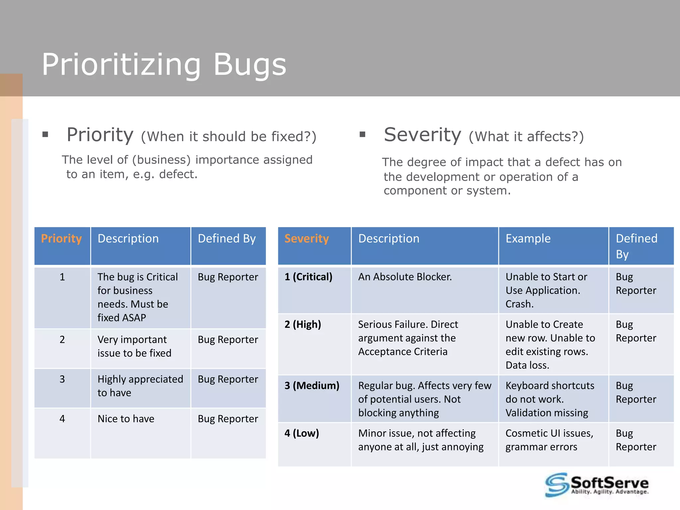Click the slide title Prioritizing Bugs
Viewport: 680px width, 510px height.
point(164,65)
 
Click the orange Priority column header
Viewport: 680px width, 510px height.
point(61,238)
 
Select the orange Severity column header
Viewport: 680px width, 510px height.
point(306,238)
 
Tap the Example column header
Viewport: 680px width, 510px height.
point(528,238)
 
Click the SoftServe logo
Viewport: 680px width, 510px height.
point(597,485)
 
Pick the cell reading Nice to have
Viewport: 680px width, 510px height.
point(126,419)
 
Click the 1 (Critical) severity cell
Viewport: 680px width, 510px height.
point(308,277)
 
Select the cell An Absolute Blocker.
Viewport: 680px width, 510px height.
point(405,277)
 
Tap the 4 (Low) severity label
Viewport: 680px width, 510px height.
point(301,433)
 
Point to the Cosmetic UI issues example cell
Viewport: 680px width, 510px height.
point(549,440)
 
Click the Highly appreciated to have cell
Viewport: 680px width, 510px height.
point(140,386)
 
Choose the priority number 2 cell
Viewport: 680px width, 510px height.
point(62,339)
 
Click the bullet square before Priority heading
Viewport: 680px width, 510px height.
point(45,134)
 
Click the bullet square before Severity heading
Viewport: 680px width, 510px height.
point(362,134)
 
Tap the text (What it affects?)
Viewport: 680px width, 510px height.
point(526,136)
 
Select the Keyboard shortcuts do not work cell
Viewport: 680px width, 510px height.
point(550,399)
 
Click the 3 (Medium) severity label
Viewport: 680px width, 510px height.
point(312,385)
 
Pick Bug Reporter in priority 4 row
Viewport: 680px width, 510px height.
point(228,419)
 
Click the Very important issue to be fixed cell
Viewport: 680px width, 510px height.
point(134,346)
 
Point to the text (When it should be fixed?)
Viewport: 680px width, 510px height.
point(228,136)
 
